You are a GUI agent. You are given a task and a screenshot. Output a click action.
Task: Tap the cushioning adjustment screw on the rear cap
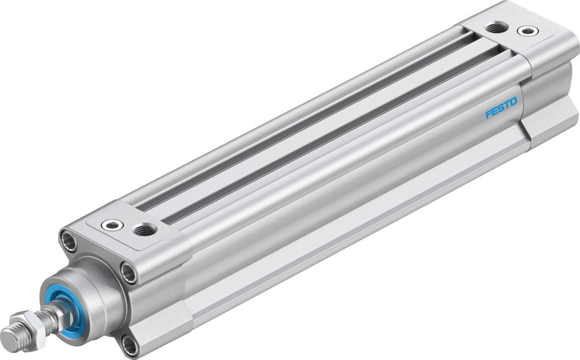pos(528,31)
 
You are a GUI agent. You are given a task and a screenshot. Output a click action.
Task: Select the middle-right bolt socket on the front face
pos(129,272)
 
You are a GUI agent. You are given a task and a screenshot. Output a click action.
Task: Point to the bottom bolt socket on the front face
pos(130,345)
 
